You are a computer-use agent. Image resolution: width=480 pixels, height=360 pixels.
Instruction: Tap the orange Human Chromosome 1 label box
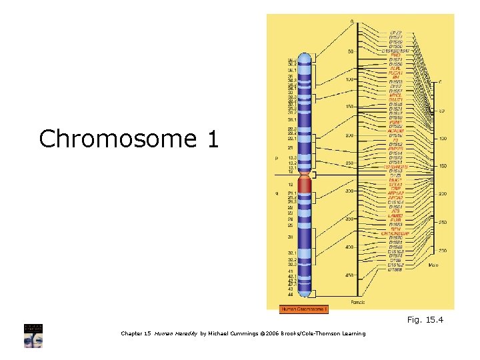[x=303, y=309]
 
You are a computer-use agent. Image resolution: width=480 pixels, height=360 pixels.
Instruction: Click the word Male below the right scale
[x=433, y=265]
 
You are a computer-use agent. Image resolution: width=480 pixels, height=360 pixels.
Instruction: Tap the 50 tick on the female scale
[x=350, y=51]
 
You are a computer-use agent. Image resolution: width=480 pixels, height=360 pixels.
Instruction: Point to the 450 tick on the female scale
[x=349, y=274]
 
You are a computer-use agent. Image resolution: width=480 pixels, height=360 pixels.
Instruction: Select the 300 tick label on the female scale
[x=349, y=191]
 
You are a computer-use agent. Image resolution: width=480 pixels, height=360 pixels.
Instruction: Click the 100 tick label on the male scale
[x=441, y=139]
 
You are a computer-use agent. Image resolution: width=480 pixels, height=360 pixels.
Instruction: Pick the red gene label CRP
[x=395, y=189]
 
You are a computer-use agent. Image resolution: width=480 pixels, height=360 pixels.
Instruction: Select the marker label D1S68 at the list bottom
[x=395, y=269]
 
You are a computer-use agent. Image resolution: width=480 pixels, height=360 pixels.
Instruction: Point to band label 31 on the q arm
[x=291, y=237]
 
